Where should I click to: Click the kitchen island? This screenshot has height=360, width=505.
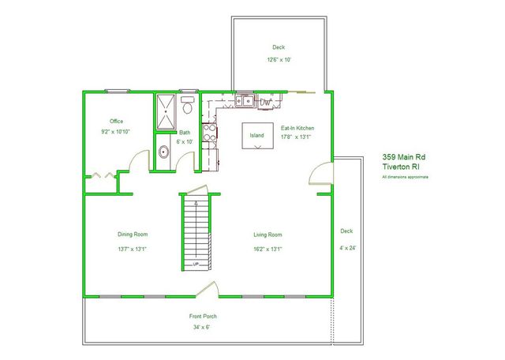coord(257,134)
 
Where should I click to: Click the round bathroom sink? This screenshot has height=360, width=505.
coord(163,152)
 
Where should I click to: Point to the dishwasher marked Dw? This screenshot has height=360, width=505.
coord(266,100)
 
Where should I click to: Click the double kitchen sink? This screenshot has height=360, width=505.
coord(246,100)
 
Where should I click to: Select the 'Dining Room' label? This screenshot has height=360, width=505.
coord(133,234)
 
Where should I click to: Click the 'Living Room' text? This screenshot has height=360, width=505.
coord(268,234)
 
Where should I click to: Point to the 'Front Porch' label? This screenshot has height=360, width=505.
coord(204,317)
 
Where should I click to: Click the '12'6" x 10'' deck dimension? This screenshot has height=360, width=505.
coord(279,60)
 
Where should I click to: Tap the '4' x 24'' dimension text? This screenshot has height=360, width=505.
coord(346,247)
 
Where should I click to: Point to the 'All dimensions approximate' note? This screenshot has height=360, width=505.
coord(406,177)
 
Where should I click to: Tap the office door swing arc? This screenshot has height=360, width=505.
coord(140,161)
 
